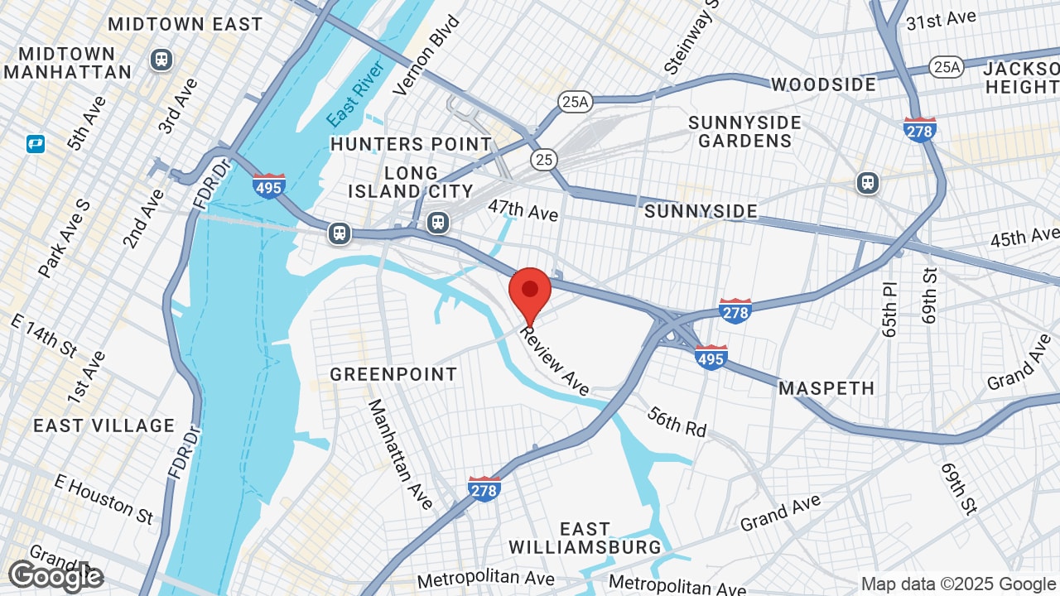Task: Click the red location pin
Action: point(530,292)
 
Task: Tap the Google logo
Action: point(55,576)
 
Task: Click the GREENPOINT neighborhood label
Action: point(393,374)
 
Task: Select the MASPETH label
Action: point(826,387)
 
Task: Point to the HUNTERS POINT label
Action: point(411,144)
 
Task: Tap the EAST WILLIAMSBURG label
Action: point(585,537)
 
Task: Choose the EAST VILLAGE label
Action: point(104,425)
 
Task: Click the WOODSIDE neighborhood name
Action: point(823,84)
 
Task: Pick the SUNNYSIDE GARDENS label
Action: point(745,132)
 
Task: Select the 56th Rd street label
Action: point(677,422)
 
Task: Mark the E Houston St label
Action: point(104,497)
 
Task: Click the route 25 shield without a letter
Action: point(544,159)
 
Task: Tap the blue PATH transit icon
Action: point(36,144)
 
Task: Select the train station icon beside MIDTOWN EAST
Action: point(161,60)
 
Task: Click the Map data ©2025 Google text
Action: point(959,584)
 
